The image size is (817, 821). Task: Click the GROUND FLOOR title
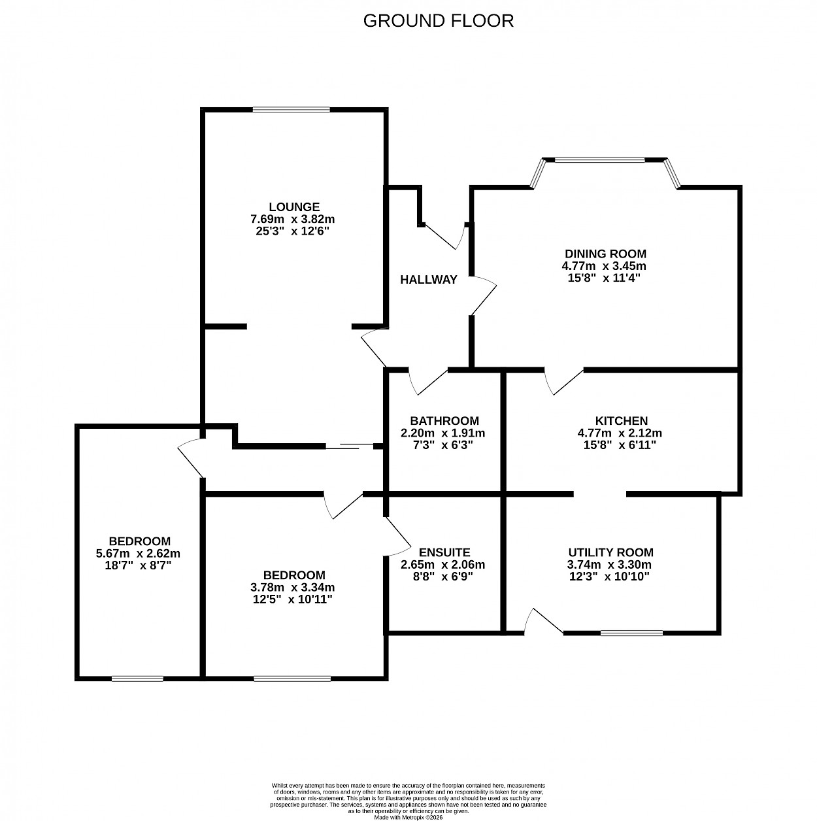438,20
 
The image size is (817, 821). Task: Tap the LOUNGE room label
293,207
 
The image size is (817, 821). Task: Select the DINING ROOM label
605,254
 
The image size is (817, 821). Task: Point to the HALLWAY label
428,280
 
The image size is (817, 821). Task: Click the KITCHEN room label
621,420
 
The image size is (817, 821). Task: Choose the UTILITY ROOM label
610,552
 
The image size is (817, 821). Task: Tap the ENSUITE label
444,552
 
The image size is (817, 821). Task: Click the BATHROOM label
444,420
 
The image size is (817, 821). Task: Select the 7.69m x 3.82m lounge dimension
292,219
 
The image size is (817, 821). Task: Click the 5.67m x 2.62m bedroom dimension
138,554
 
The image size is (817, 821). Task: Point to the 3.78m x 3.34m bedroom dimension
292,587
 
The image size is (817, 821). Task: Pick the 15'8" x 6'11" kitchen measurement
619,445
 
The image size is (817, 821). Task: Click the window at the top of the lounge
291,110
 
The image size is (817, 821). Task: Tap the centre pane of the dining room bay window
599,160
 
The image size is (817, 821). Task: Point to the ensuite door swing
397,536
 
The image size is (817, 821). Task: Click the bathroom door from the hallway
428,382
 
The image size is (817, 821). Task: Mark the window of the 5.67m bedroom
137,679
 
